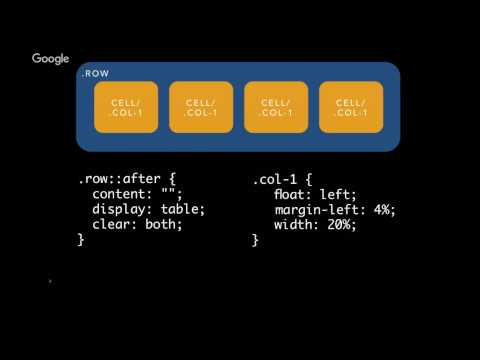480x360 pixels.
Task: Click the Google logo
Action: tap(51, 59)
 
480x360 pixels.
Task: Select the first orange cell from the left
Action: tap(126, 108)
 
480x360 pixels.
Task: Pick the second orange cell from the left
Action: tap(201, 108)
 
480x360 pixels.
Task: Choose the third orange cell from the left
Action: tap(276, 108)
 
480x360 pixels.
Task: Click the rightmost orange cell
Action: tap(351, 108)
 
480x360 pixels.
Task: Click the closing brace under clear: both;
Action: tap(81, 240)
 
